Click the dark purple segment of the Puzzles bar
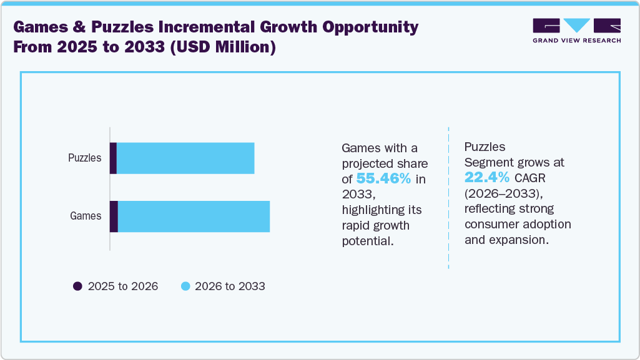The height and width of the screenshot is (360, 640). click(113, 158)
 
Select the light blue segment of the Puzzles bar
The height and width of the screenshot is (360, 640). click(185, 158)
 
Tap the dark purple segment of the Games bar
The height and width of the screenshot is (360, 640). click(114, 216)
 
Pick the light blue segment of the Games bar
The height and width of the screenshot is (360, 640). click(194, 216)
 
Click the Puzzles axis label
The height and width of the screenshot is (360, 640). click(84, 158)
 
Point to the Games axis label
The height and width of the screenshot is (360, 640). click(86, 216)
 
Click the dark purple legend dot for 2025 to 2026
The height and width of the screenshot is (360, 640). click(77, 286)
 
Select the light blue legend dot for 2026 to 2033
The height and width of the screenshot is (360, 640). click(185, 286)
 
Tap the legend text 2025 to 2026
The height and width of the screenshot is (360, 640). click(123, 286)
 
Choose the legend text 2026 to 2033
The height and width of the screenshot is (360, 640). click(230, 286)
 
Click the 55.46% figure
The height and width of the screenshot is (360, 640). click(383, 179)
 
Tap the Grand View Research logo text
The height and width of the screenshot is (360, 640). click(576, 41)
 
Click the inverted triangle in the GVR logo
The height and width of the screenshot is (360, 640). click(576, 25)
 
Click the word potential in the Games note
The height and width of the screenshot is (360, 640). click(368, 240)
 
